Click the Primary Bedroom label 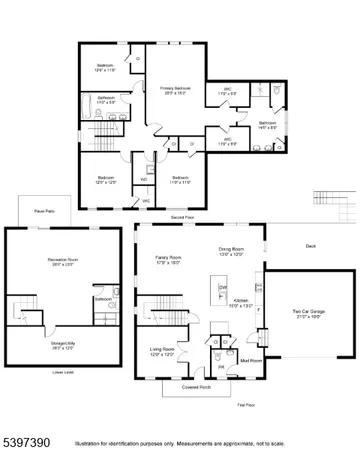click(x=176, y=90)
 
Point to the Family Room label click(x=167, y=258)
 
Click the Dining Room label click(x=232, y=251)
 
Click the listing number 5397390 click(x=27, y=437)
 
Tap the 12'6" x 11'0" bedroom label click(x=106, y=68)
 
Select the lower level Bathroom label click(x=103, y=298)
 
